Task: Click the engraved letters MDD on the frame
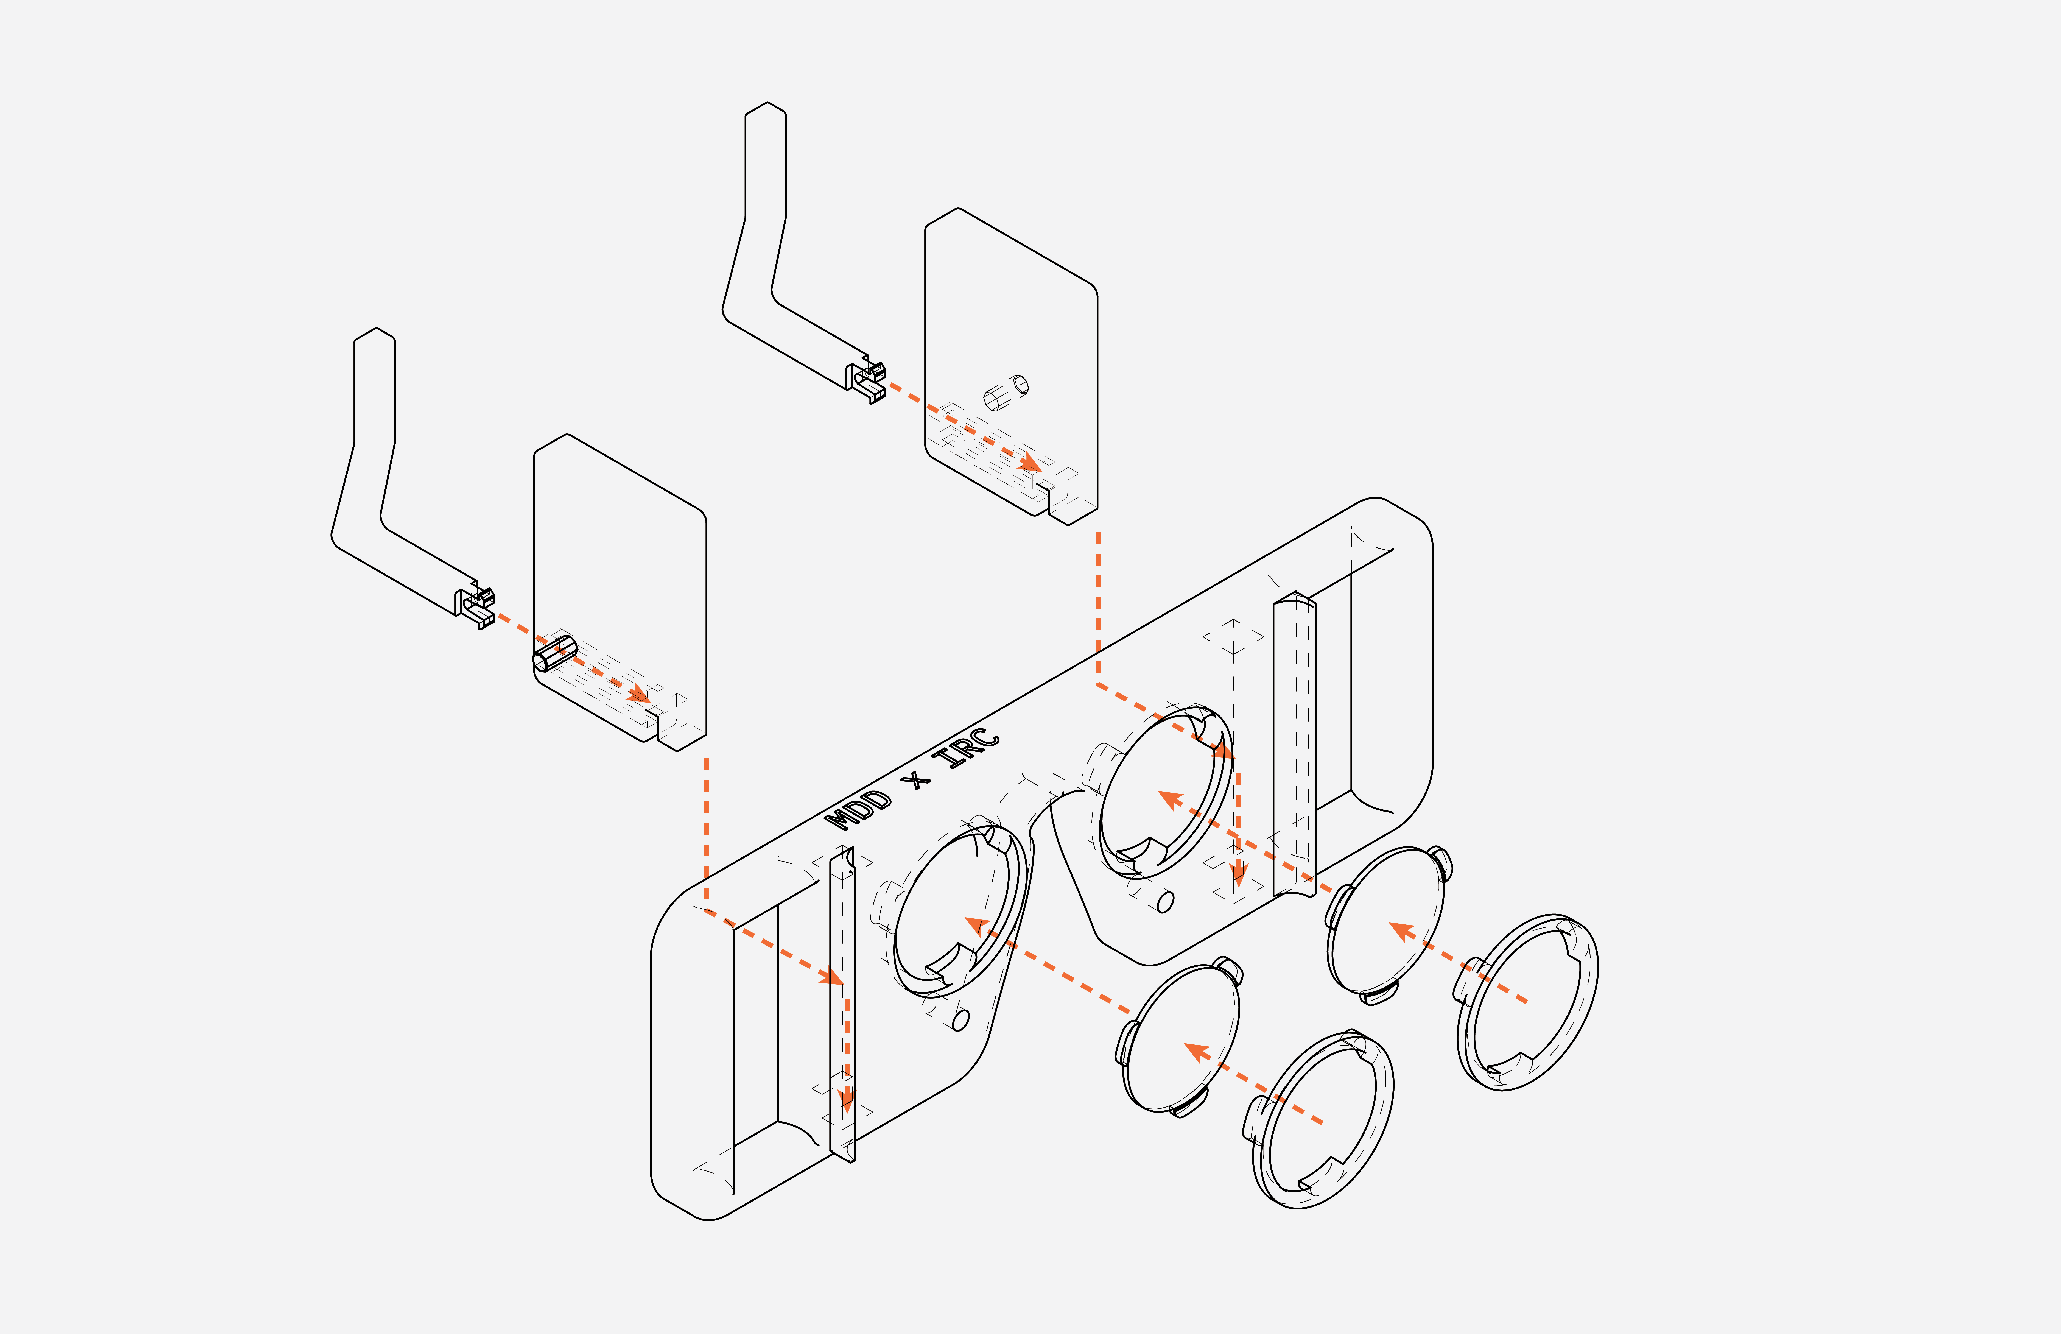pyautogui.click(x=858, y=810)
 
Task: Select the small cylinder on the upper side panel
pyautogui.click(x=1005, y=392)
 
